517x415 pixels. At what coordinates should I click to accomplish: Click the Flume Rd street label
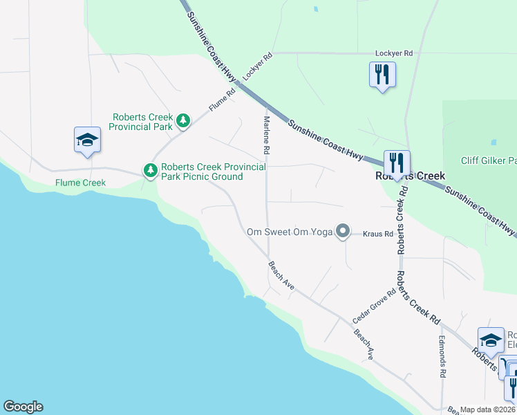tap(223, 100)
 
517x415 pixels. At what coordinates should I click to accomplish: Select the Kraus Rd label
tap(379, 234)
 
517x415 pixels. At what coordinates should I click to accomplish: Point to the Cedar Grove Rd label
tap(374, 306)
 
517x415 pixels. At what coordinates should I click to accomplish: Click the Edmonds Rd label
tap(442, 357)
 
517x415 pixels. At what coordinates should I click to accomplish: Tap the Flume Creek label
tap(81, 183)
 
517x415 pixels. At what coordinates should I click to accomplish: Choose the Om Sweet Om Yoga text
tap(290, 232)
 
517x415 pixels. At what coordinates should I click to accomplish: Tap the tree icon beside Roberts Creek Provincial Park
tap(182, 122)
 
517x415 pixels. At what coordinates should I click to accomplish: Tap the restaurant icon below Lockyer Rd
tap(382, 73)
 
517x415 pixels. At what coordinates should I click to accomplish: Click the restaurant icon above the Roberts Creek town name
tap(397, 163)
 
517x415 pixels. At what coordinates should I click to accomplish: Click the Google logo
tap(23, 407)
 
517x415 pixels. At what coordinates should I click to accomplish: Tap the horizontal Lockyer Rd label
tap(393, 53)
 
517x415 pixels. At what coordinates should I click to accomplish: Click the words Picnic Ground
tap(215, 176)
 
